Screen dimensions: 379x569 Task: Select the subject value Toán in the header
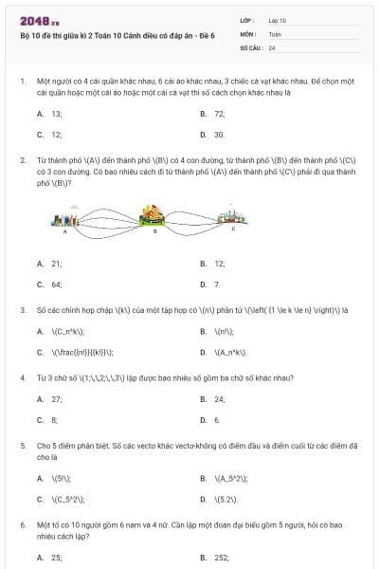tap(275, 33)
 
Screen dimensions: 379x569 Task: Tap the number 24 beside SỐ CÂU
tap(272, 46)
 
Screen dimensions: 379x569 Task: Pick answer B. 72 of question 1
tap(212, 113)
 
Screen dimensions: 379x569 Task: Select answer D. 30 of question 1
tap(212, 135)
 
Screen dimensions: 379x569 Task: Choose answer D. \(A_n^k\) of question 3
tap(224, 352)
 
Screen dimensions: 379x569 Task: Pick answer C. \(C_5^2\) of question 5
tap(62, 499)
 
